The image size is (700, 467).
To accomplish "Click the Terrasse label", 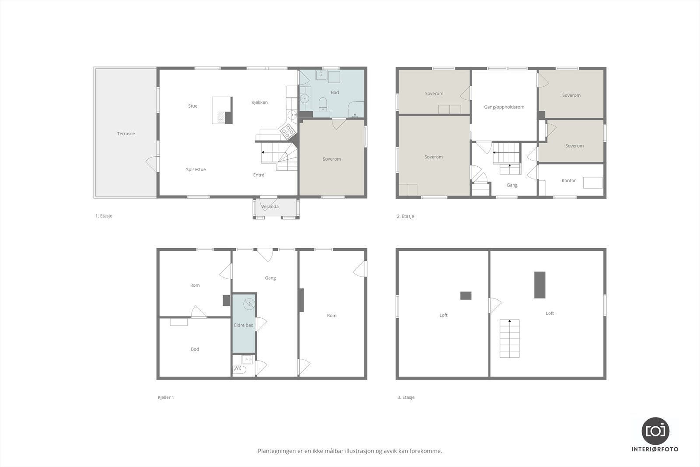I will point(126,133).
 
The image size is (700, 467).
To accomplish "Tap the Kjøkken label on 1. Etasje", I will point(259,102).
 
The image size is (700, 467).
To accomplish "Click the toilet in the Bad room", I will point(323,104).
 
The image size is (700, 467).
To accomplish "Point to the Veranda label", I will point(270,207).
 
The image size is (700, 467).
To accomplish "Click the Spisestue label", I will point(196,169).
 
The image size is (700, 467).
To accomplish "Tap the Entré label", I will point(259,175).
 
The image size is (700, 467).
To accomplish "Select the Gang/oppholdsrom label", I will point(504,107).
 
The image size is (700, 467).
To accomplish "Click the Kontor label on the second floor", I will point(568,180).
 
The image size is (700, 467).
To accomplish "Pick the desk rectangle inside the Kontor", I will point(593,182).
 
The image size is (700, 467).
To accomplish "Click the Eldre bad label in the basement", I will point(244,325).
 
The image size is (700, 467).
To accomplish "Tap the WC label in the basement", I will point(238,368).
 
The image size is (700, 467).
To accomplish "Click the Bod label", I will point(195,349).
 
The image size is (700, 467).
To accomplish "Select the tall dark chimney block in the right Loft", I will point(540,285).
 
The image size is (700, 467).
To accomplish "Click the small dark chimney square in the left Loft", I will point(465,295).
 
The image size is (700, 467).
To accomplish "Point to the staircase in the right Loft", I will point(510,338).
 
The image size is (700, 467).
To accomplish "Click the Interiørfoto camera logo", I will point(655,431).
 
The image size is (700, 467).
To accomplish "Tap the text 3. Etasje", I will point(406,397).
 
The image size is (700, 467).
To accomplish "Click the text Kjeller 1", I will point(166,397).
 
